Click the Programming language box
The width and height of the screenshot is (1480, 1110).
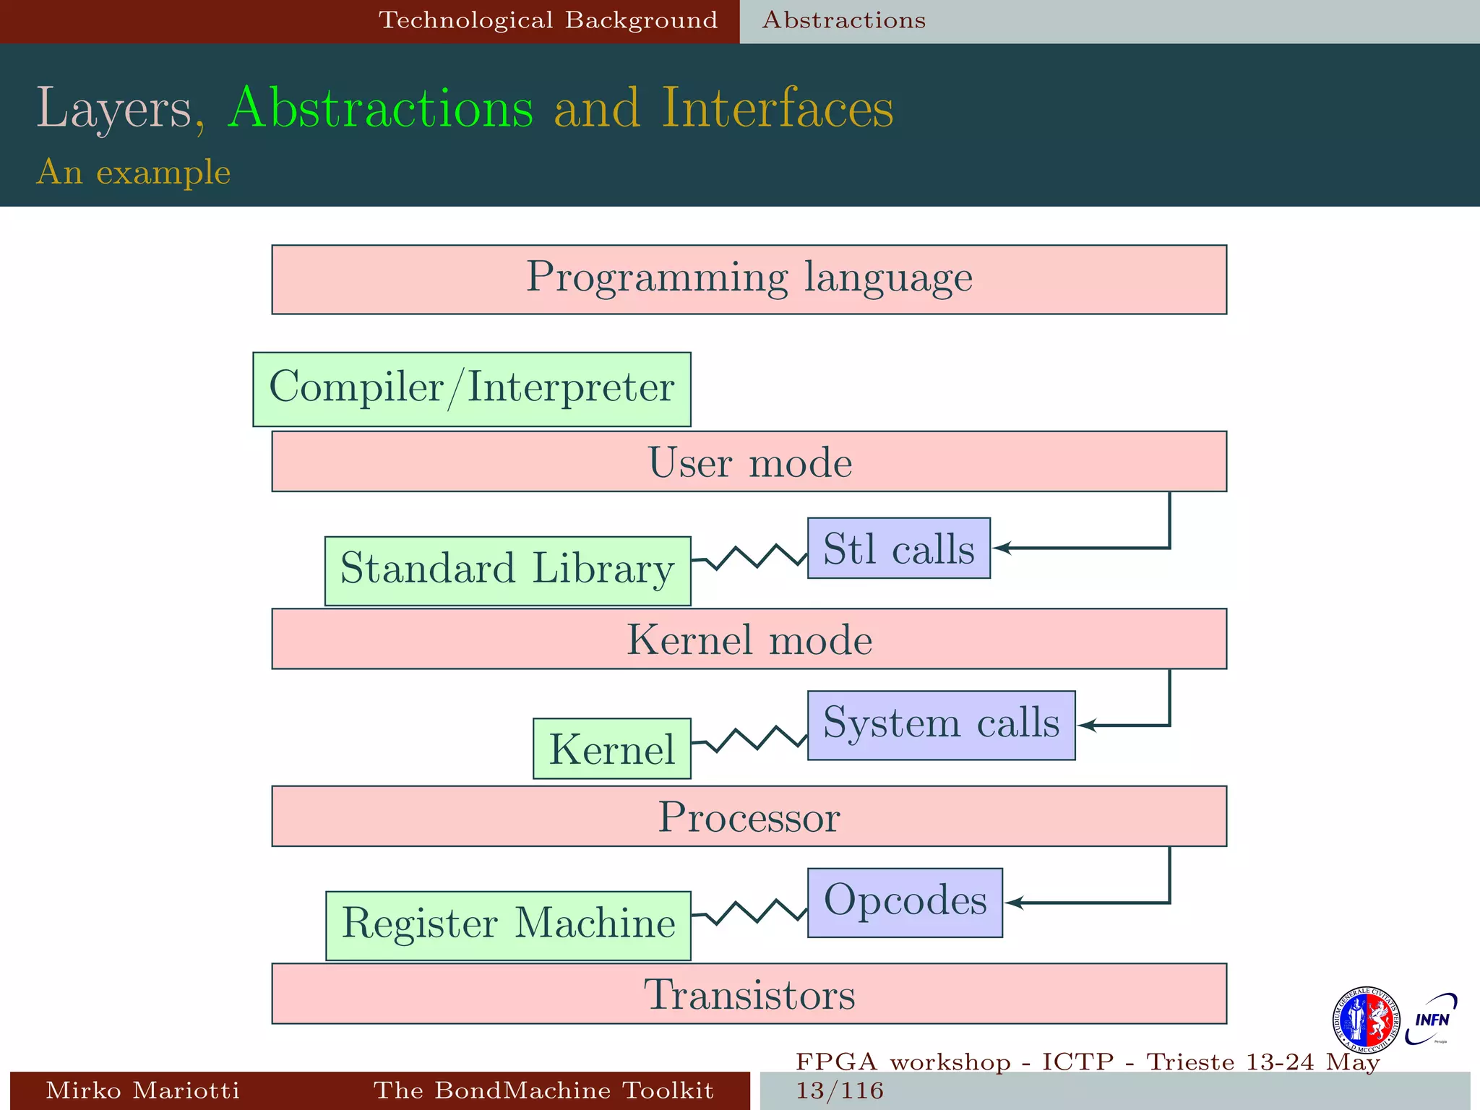(x=749, y=280)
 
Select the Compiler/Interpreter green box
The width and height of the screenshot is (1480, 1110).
(x=471, y=389)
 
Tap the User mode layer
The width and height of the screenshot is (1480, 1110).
(x=749, y=462)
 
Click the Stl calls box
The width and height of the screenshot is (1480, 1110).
(x=898, y=548)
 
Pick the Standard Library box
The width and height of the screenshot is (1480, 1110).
(x=507, y=571)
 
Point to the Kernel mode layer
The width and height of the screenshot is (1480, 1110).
(x=749, y=639)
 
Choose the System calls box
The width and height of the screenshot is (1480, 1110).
(x=941, y=725)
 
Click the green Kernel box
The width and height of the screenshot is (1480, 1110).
(x=611, y=748)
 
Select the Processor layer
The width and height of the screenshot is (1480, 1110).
(x=749, y=816)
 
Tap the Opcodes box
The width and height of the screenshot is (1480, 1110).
(x=905, y=903)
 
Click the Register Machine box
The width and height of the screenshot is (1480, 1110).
(x=508, y=926)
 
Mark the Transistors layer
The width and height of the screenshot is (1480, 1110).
(x=749, y=994)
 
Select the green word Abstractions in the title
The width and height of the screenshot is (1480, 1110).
(x=380, y=108)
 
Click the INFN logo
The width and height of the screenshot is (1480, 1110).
(x=1431, y=1019)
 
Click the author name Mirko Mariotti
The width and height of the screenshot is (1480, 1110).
(x=142, y=1090)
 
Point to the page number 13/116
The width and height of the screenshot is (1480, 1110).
(x=840, y=1090)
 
